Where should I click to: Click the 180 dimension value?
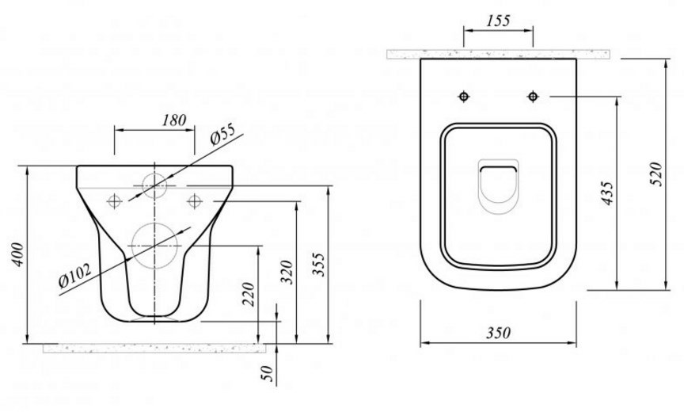pyautogui.click(x=174, y=120)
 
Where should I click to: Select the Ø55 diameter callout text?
pyautogui.click(x=222, y=134)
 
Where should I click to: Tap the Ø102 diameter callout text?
pyautogui.click(x=75, y=276)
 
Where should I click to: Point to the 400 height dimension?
pyautogui.click(x=17, y=254)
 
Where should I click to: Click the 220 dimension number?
pyautogui.click(x=248, y=294)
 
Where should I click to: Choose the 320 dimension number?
pyautogui.click(x=287, y=272)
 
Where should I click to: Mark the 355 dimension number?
pyautogui.click(x=319, y=264)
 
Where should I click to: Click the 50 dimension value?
pyautogui.click(x=268, y=373)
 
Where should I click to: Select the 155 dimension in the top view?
pyautogui.click(x=498, y=21)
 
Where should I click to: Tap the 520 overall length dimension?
pyautogui.click(x=655, y=174)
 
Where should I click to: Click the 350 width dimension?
pyautogui.click(x=498, y=333)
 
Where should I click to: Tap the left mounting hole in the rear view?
pyautogui.click(x=114, y=200)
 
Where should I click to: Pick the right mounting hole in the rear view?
pyautogui.click(x=194, y=200)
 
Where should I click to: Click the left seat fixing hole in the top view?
pyautogui.click(x=464, y=96)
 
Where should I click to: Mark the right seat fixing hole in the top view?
pyautogui.click(x=533, y=96)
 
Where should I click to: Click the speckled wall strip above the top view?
pyautogui.click(x=498, y=54)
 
